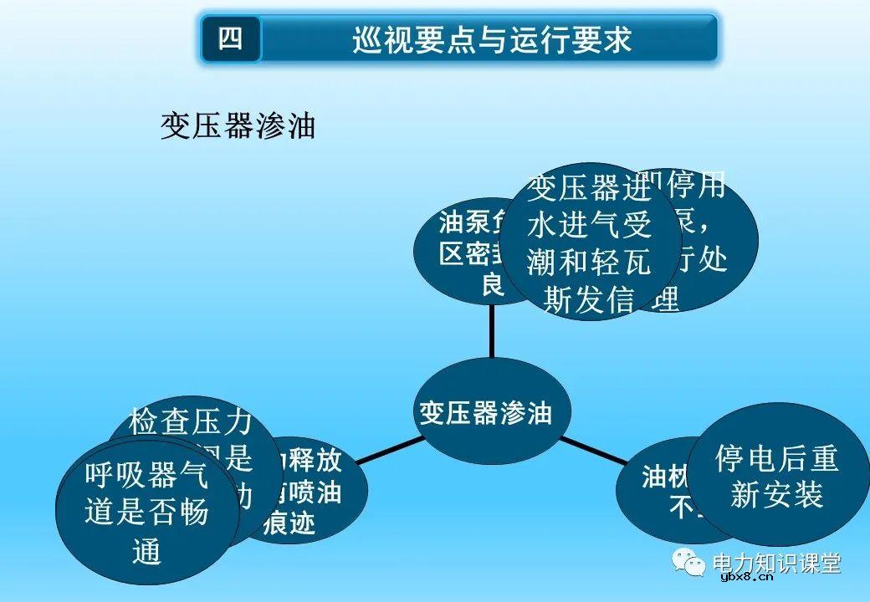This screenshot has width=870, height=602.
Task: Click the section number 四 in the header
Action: (x=231, y=38)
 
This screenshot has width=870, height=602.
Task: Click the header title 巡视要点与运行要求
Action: (x=491, y=39)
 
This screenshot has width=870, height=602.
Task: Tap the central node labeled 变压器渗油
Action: (x=485, y=412)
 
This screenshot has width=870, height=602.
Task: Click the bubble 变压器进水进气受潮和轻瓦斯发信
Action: (x=590, y=243)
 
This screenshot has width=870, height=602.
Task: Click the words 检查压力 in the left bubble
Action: (x=190, y=424)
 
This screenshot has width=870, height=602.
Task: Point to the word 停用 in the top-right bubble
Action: (x=699, y=186)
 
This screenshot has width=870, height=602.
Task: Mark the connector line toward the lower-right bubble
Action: (x=594, y=450)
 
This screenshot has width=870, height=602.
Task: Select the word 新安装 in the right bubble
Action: (x=777, y=496)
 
